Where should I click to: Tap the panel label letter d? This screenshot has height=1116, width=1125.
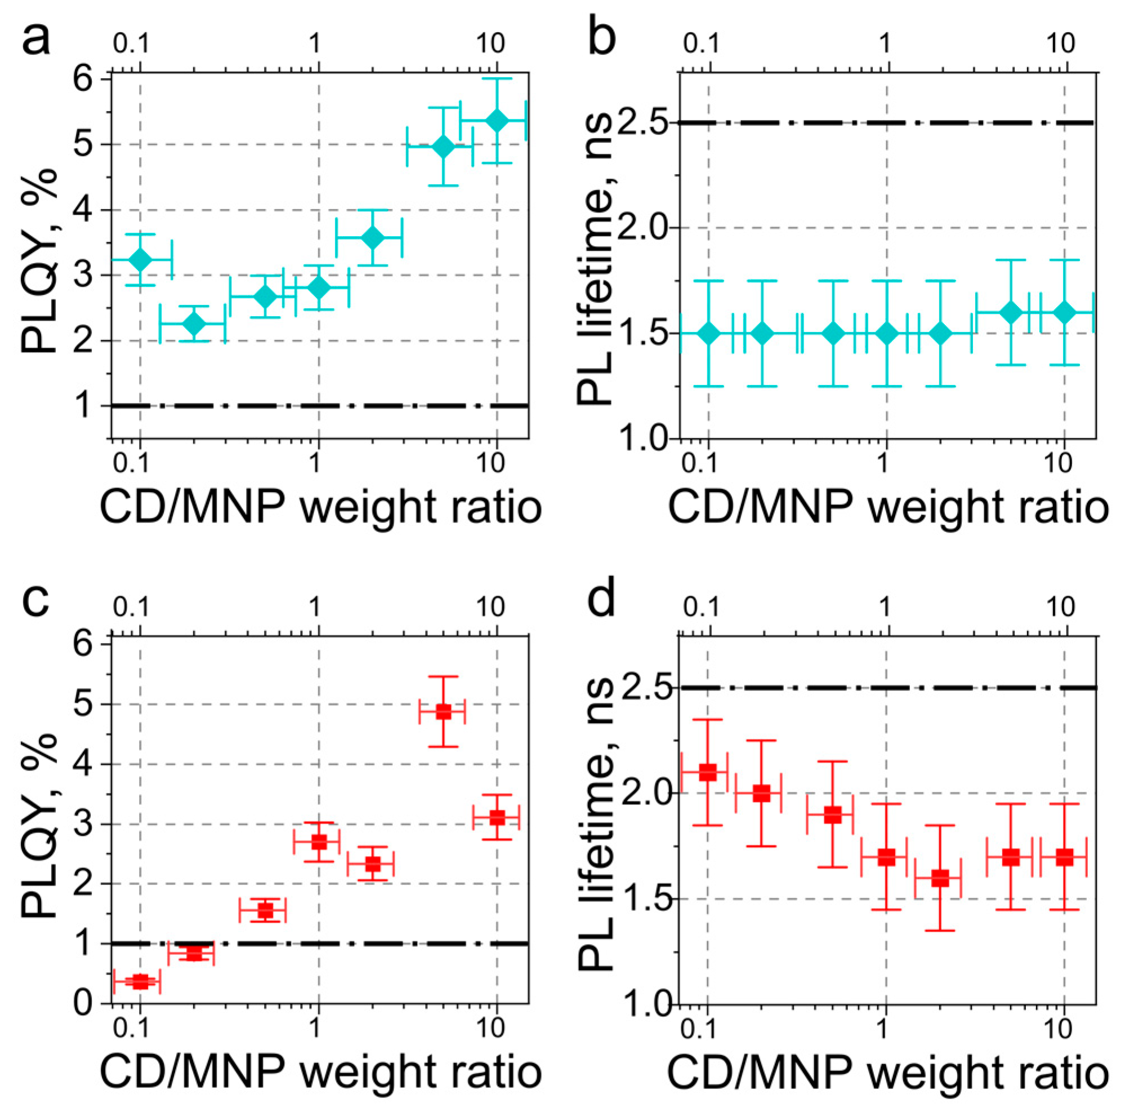(602, 600)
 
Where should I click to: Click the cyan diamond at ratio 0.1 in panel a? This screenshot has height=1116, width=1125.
(140, 259)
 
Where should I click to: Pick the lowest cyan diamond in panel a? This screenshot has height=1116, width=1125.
(194, 324)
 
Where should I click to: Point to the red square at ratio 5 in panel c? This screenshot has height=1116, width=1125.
(443, 711)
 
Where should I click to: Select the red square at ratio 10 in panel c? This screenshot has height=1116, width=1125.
(497, 818)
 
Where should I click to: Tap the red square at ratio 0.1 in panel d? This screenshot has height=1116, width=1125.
(708, 772)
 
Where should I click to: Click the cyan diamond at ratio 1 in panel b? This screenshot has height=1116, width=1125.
(886, 333)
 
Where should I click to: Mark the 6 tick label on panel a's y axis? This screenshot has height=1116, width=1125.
(84, 78)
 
